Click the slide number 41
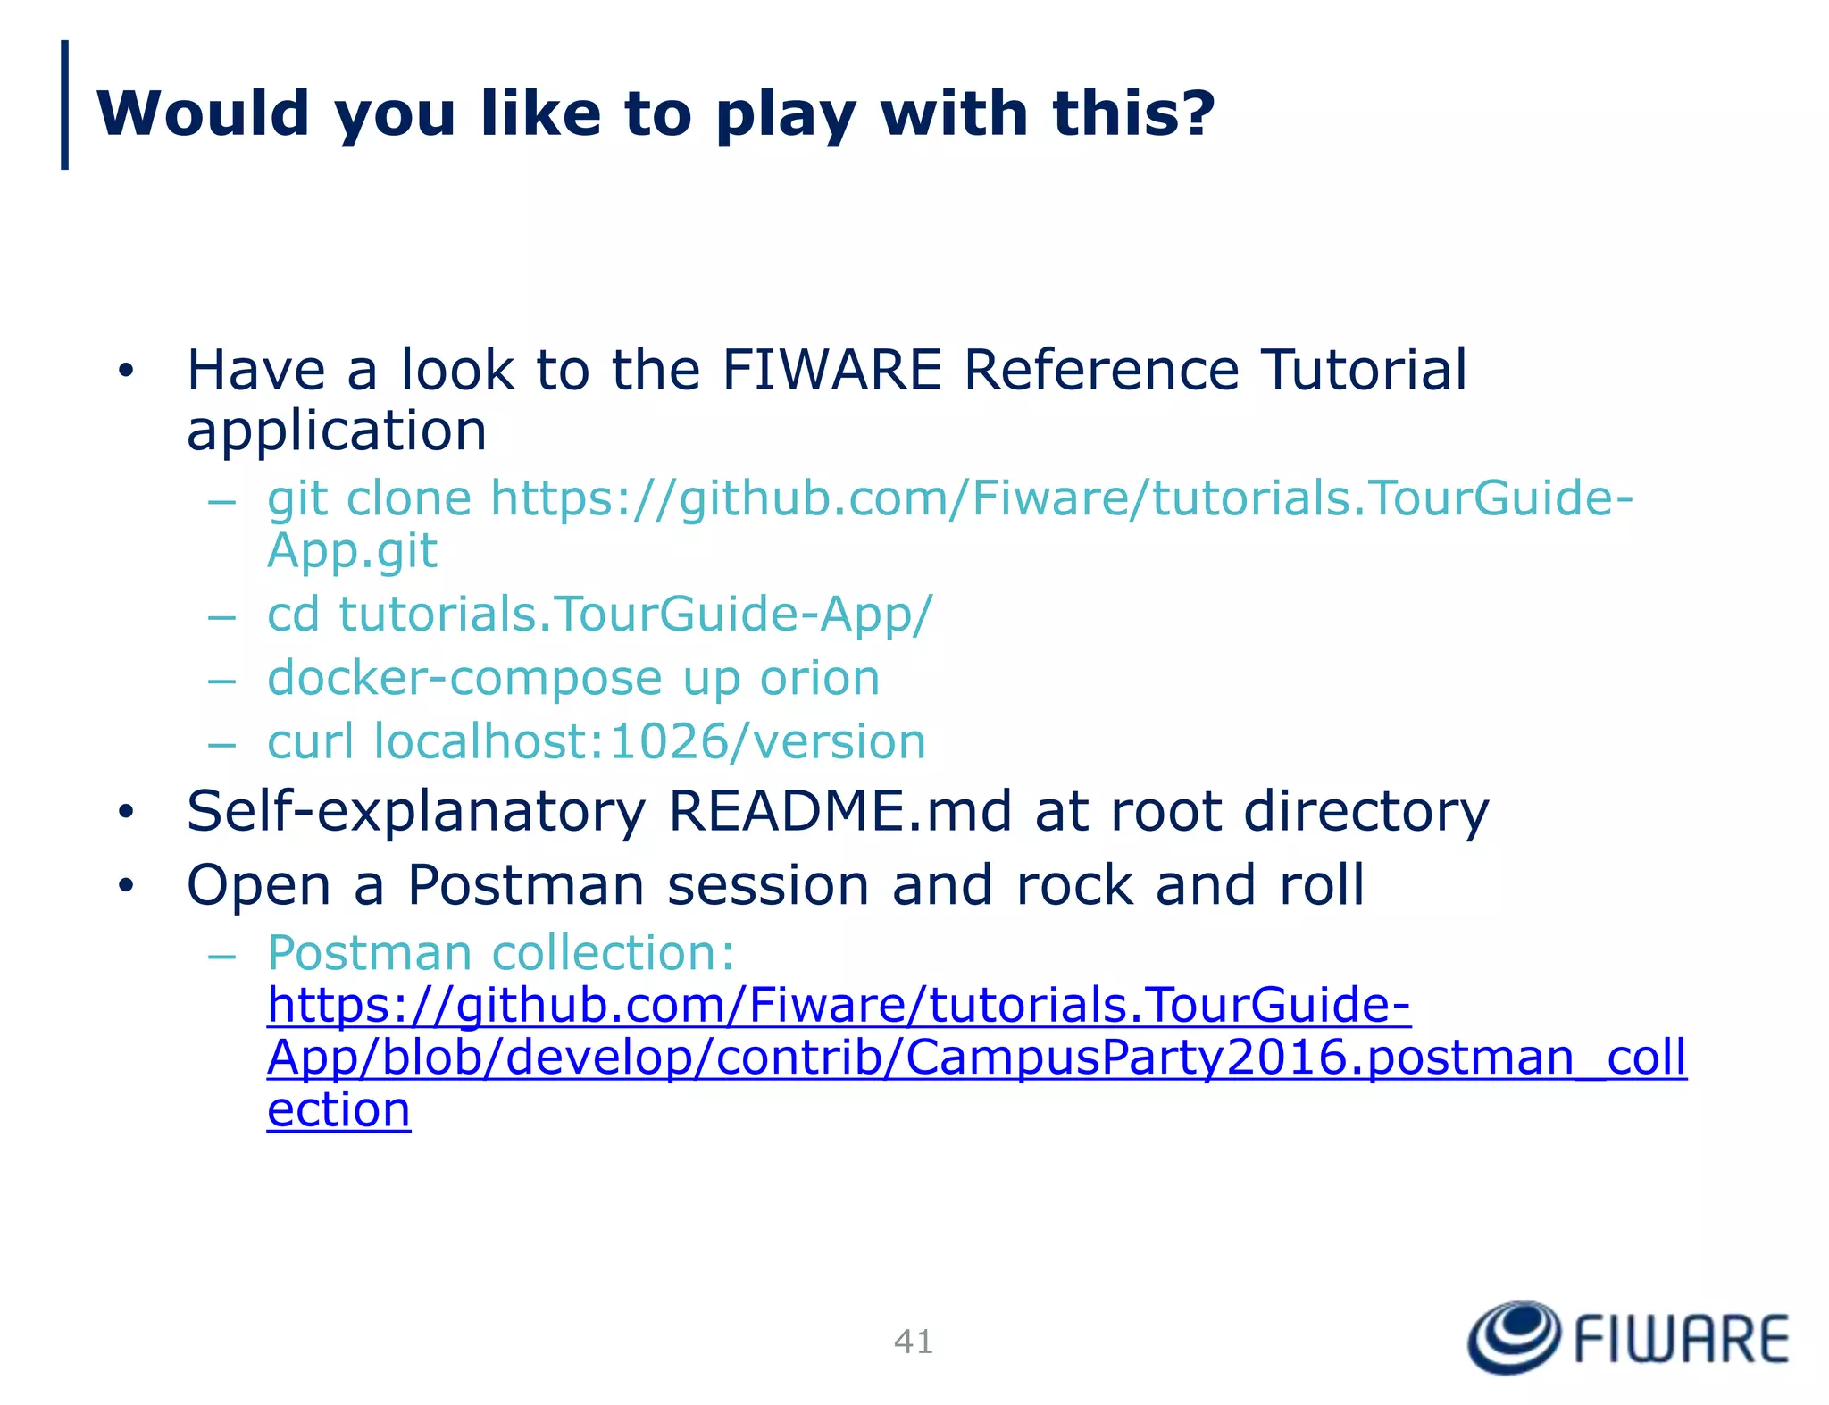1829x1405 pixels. click(x=913, y=1342)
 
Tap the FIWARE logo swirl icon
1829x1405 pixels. click(x=1514, y=1336)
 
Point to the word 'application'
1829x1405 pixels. click(x=336, y=431)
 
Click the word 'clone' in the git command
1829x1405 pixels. click(x=408, y=498)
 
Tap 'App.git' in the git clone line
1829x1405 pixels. click(x=352, y=550)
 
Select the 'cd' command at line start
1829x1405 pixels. click(x=293, y=615)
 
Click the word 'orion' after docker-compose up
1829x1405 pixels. click(x=819, y=678)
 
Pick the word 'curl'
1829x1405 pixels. click(x=310, y=741)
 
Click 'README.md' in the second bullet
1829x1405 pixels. click(x=839, y=811)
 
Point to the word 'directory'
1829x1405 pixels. click(x=1366, y=813)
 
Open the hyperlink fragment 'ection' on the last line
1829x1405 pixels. click(x=338, y=1110)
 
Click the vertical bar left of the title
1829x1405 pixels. click(x=64, y=105)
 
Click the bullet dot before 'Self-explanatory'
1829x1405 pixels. click(x=126, y=812)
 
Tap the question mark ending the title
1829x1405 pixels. click(x=1194, y=113)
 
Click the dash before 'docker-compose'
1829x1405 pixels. click(x=221, y=680)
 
